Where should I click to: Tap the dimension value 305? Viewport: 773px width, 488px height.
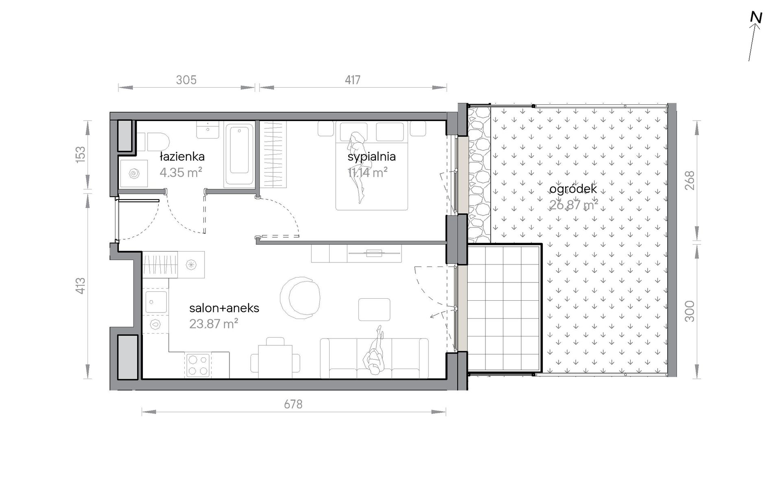(x=186, y=80)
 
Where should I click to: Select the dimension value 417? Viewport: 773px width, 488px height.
(x=352, y=80)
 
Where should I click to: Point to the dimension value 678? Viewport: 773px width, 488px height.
(x=293, y=404)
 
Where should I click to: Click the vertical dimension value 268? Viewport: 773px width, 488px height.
(x=690, y=180)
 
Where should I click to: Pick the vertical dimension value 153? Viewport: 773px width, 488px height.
(x=81, y=155)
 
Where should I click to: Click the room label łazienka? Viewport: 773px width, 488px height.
(x=182, y=156)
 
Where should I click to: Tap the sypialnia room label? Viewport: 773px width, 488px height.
(x=371, y=157)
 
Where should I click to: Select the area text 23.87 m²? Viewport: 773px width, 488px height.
(x=214, y=324)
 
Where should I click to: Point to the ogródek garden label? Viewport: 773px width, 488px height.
(x=573, y=189)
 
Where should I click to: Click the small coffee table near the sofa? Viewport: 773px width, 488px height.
(x=374, y=310)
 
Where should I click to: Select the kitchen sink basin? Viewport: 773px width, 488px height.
(x=156, y=301)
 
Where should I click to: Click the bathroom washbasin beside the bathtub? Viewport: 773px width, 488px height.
(x=208, y=129)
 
